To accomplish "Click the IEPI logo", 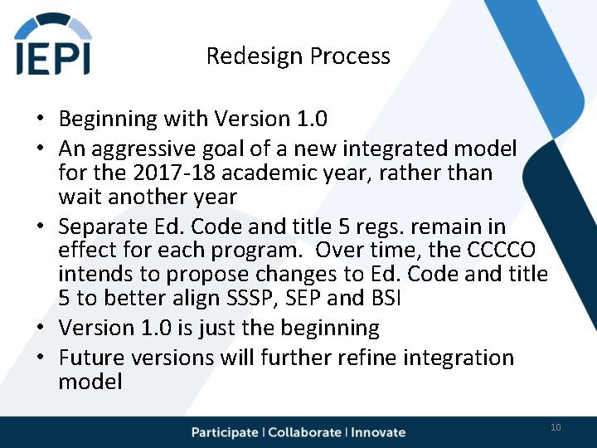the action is pyautogui.click(x=53, y=43).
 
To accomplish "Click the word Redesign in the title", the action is pyautogui.click(x=255, y=56).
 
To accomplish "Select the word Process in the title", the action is pyautogui.click(x=350, y=56).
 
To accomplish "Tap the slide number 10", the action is pyautogui.click(x=556, y=427).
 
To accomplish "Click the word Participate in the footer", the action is pyautogui.click(x=225, y=432).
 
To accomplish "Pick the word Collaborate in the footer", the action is pyautogui.click(x=304, y=432).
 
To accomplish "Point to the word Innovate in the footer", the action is pyautogui.click(x=378, y=432).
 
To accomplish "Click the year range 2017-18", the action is pyautogui.click(x=174, y=173).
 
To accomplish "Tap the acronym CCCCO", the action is pyautogui.click(x=501, y=250).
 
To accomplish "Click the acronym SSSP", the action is pyautogui.click(x=251, y=298).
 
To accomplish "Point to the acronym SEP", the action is pyautogui.click(x=303, y=298).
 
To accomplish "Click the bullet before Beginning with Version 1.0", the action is pyautogui.click(x=41, y=117).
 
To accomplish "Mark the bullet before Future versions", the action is pyautogui.click(x=41, y=357).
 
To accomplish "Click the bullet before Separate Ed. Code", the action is pyautogui.click(x=41, y=226).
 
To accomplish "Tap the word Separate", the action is pyautogui.click(x=103, y=227).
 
